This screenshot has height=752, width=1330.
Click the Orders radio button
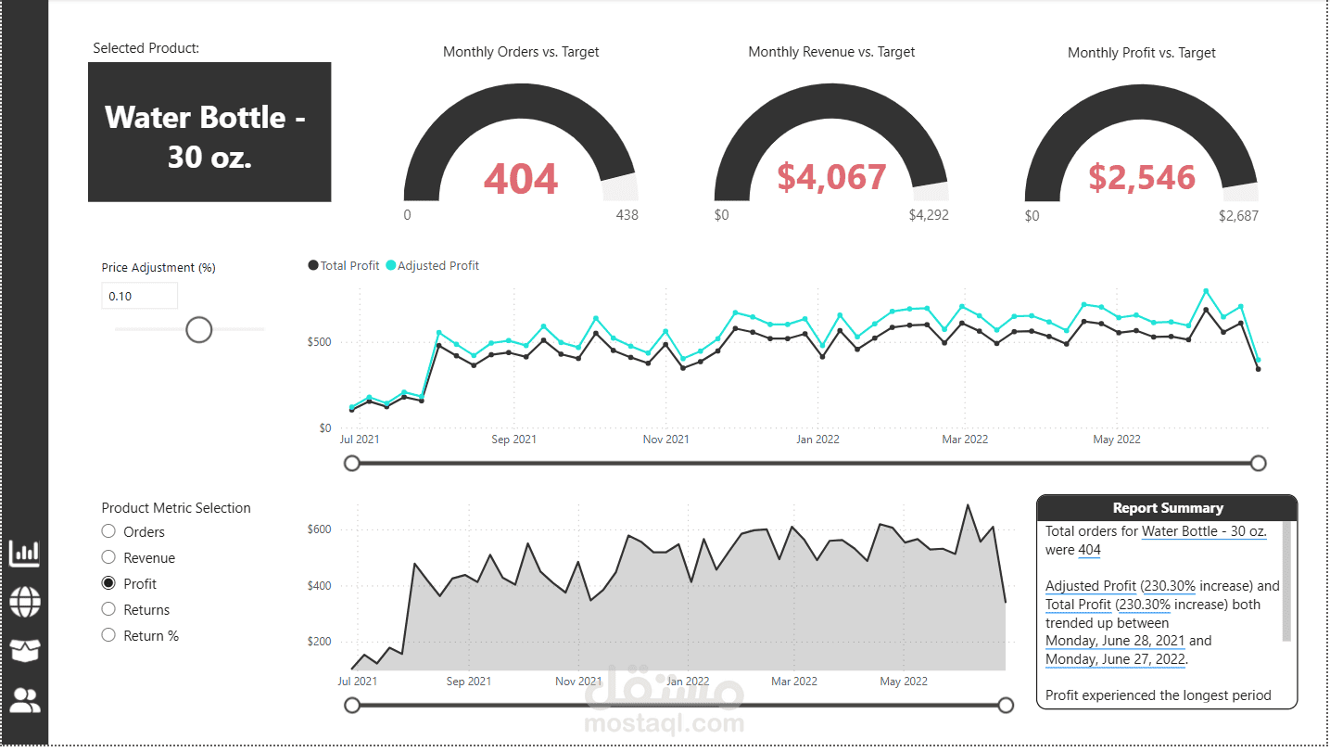108,531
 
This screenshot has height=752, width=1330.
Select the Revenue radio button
108,557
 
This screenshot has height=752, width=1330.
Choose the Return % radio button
108,635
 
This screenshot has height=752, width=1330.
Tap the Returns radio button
108,609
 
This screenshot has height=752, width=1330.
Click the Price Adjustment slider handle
199,330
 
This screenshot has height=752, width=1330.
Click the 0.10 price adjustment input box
140,296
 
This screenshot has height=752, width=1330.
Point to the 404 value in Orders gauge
521,179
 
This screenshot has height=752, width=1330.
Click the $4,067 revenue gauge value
831,177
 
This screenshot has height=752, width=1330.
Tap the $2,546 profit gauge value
1141,178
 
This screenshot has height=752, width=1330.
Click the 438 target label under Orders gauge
627,215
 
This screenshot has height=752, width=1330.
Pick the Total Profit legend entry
344,265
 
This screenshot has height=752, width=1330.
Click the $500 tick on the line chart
319,341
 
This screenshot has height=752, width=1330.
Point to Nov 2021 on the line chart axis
665,440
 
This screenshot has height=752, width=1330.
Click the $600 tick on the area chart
319,529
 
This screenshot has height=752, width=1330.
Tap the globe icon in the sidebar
25,603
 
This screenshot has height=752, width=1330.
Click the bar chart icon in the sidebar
25,553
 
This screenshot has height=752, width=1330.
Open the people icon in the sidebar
25,700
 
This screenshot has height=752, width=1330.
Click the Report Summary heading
1167,508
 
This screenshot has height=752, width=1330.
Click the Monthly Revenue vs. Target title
831,52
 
